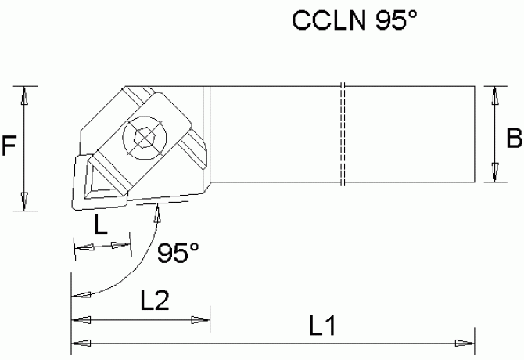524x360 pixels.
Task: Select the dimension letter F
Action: coord(9,148)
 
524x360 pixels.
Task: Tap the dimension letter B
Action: coord(513,139)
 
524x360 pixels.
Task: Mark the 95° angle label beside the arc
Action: coord(178,252)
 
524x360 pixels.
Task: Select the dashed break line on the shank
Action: coord(343,135)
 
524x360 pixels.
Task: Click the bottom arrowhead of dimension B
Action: coord(493,171)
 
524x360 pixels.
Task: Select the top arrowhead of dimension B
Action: coord(493,97)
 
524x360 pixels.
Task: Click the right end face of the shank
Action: coord(475,135)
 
